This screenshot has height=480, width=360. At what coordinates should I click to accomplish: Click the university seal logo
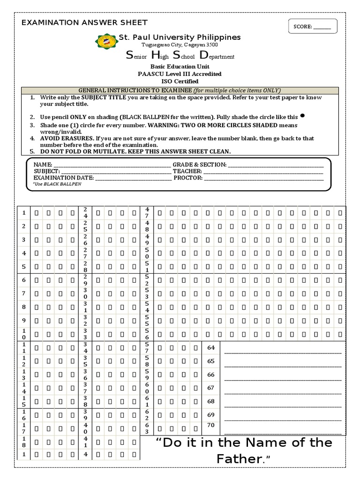point(106,41)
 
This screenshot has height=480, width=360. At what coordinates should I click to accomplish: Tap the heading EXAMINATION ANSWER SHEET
point(84,22)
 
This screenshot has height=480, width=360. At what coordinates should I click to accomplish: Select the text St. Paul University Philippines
point(180,37)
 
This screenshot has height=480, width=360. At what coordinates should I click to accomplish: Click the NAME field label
point(43,165)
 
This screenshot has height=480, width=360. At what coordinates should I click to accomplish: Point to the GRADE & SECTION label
point(199,165)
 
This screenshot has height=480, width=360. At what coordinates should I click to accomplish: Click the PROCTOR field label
point(188,178)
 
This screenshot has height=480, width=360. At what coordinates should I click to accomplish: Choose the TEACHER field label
point(187,172)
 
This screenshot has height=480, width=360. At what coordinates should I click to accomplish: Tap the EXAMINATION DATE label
point(63,178)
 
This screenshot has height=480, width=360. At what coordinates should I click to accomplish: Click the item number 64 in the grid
point(210,348)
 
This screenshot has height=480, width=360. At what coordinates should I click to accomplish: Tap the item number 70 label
point(210,425)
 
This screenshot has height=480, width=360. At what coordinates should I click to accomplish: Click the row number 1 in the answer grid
point(23,213)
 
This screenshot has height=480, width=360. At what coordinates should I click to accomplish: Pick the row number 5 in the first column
point(23,267)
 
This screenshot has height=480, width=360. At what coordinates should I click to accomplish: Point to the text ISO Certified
point(180,82)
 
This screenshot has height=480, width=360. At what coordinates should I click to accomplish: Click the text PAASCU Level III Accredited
point(180,74)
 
